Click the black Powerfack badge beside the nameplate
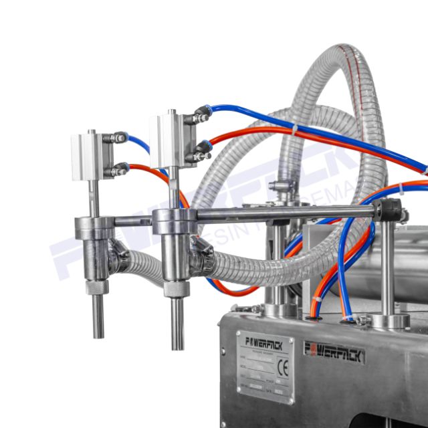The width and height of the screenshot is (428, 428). coord(334,350)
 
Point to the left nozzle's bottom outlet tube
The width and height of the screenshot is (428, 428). coord(98,315)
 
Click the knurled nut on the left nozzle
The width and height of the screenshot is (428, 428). coord(96,287)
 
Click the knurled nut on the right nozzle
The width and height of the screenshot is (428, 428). coord(176,291)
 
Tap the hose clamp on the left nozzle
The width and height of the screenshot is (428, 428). coord(121,251)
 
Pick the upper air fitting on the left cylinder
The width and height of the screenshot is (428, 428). coord(118,138)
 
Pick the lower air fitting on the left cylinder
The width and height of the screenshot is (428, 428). coord(118,171)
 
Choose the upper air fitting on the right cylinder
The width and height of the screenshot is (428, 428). coord(199,118)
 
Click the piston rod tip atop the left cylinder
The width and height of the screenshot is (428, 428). coord(92,132)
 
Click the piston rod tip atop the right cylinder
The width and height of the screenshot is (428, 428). coord(173,112)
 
